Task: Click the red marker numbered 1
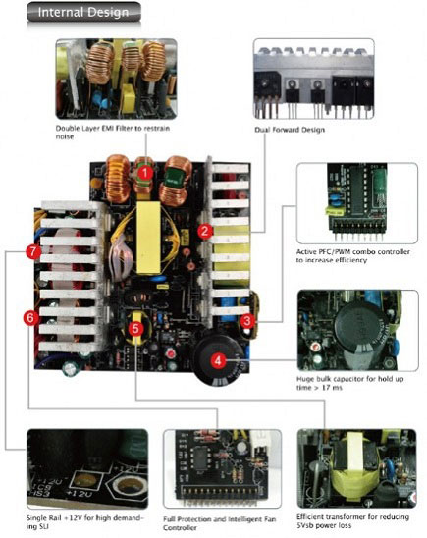[144, 173]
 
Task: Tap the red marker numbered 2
[203, 232]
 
